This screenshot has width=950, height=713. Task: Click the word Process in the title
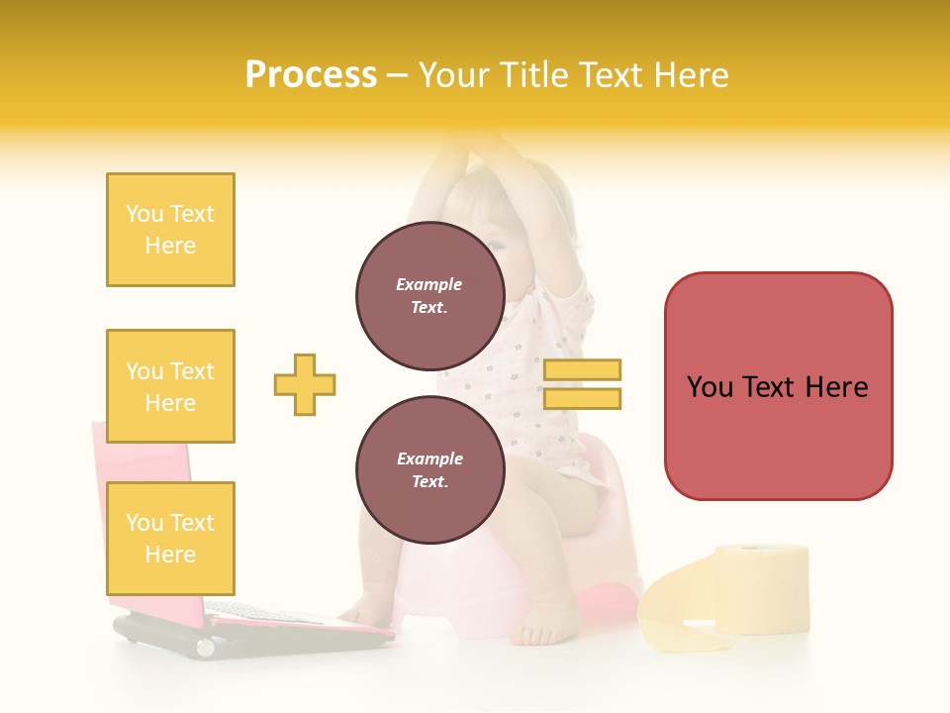[311, 75]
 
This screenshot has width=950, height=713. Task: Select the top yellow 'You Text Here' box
[170, 230]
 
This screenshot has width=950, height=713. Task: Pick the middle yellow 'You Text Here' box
[170, 386]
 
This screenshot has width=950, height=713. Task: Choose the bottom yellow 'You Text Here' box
[170, 538]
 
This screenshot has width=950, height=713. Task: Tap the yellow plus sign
[305, 384]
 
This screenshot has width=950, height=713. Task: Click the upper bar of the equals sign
[582, 369]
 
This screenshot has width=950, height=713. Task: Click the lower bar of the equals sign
[582, 398]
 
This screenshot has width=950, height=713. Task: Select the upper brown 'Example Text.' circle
[429, 296]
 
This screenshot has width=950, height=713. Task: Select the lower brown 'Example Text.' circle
[429, 470]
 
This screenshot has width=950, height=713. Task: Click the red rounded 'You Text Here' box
[778, 386]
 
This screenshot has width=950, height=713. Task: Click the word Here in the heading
[690, 75]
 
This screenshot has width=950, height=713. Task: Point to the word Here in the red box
[836, 387]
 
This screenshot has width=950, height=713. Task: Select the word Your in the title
[454, 75]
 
